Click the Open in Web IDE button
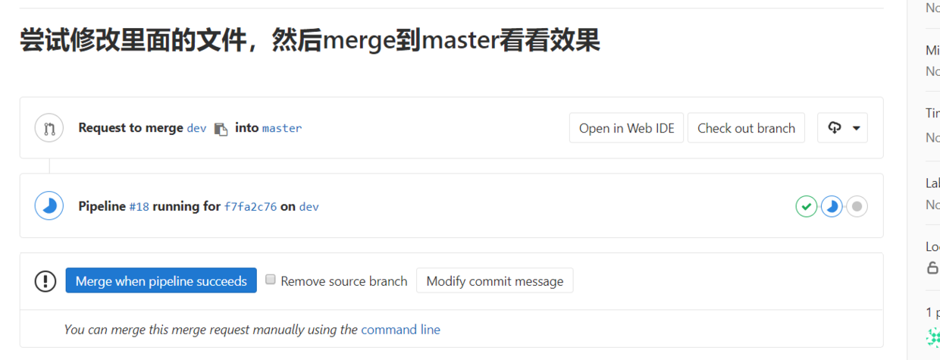[x=626, y=128]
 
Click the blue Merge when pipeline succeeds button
[x=161, y=281]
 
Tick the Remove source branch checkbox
[x=271, y=280]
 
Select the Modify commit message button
[x=494, y=281]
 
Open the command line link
[x=400, y=330]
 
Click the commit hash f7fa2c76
[x=250, y=206]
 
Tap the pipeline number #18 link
[x=139, y=206]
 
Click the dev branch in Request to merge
[x=196, y=128]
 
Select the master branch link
[x=282, y=128]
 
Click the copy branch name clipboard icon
[x=221, y=129]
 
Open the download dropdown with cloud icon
[x=842, y=128]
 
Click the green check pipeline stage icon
[x=806, y=206]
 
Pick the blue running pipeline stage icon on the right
[x=832, y=206]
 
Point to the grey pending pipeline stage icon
[x=857, y=206]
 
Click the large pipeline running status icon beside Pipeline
[x=49, y=206]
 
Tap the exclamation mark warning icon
[x=45, y=281]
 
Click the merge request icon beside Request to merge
[x=49, y=128]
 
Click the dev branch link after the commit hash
[x=309, y=206]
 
